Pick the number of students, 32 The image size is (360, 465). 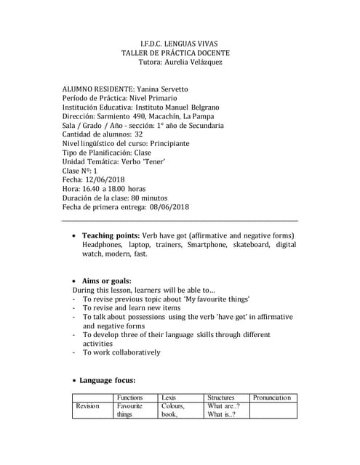[x=139, y=134]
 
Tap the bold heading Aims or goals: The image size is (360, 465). [x=106, y=280]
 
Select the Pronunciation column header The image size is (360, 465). [x=271, y=397]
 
